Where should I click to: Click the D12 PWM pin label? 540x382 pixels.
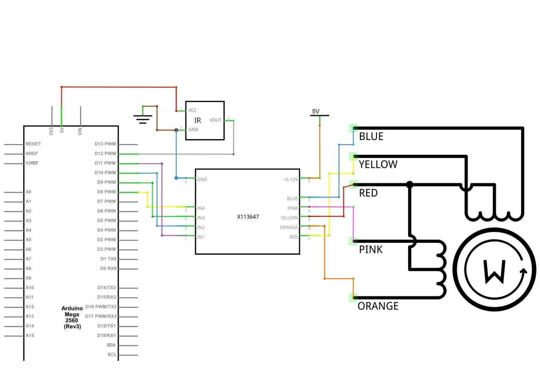click(105, 154)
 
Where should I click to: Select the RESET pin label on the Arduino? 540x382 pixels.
click(33, 144)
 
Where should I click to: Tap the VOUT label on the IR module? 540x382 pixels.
click(215, 120)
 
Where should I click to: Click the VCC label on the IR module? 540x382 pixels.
click(192, 110)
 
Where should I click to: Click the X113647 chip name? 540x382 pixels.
click(248, 217)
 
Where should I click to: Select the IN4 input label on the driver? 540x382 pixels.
click(201, 208)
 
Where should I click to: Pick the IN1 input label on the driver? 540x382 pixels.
click(201, 237)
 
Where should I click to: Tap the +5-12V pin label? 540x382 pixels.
click(291, 180)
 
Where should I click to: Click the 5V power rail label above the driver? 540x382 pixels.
click(316, 111)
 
